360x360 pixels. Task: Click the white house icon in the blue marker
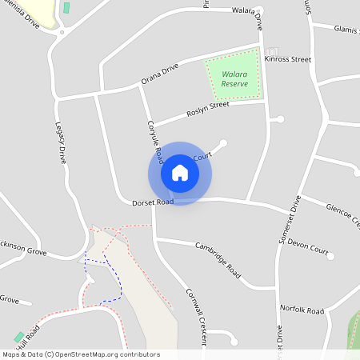point(180,173)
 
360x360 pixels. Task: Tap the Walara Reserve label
point(234,78)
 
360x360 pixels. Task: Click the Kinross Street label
point(290,59)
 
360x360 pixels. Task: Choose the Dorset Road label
point(153,202)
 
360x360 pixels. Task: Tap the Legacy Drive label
point(61,142)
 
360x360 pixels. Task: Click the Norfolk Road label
point(302,309)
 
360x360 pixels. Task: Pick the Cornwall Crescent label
point(197,316)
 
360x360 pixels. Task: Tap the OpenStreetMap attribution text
point(80,354)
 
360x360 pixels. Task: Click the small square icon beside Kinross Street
point(270,52)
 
